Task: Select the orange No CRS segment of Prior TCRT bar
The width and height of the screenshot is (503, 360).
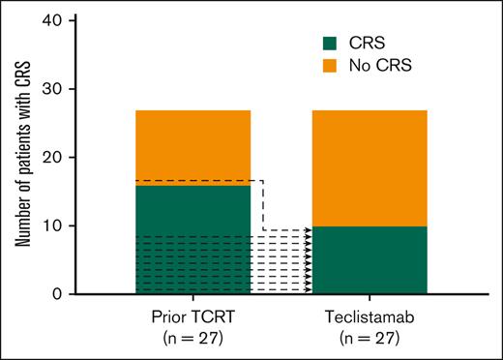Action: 193,145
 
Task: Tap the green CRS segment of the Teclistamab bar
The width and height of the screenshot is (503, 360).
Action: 369,259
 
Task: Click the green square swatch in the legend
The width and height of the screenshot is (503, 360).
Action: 329,43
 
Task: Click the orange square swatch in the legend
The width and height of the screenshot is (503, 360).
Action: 329,66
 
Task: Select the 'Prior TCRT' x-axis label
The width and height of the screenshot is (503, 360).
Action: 193,316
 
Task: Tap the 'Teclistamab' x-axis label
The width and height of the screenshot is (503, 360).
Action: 369,316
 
